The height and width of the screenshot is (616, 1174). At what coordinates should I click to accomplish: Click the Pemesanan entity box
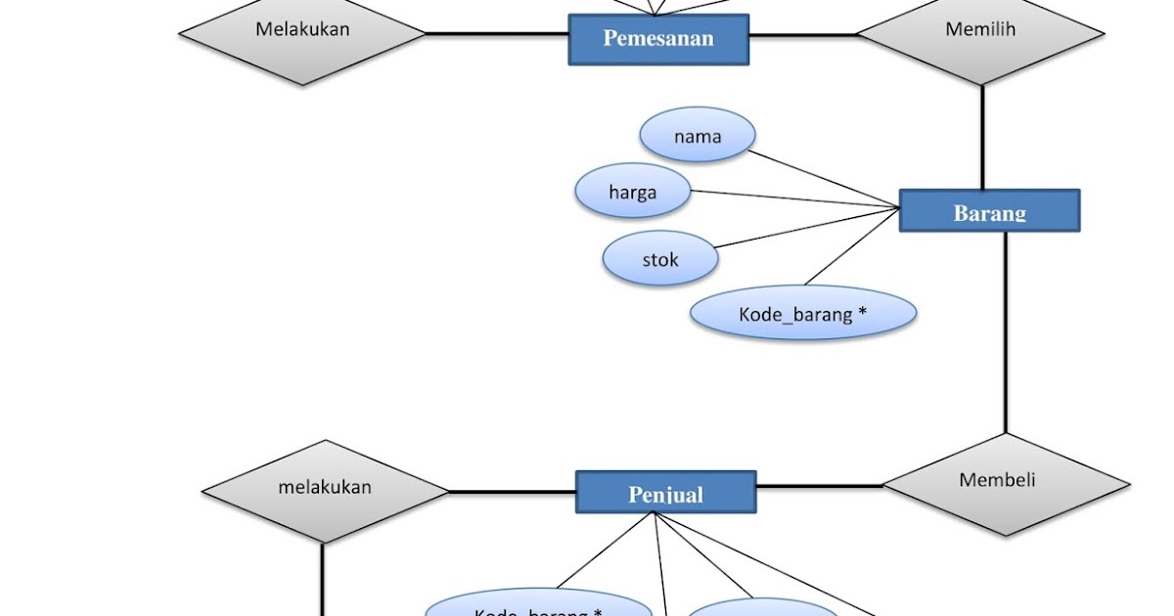coord(658,39)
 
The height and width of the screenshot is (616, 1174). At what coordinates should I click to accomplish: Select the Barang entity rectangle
coord(989,211)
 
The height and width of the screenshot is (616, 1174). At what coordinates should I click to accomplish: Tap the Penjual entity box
coord(665,493)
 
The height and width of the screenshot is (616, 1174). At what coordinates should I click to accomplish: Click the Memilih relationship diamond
coord(980,31)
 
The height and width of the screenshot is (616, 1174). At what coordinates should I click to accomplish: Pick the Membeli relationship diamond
coord(1006,482)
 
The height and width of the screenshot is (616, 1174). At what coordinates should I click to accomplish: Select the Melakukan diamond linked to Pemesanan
coord(302,31)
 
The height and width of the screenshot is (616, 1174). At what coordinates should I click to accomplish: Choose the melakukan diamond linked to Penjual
coord(325,489)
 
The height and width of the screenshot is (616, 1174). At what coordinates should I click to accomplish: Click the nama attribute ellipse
coord(698,136)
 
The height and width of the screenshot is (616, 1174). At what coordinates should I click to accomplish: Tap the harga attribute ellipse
coord(633,192)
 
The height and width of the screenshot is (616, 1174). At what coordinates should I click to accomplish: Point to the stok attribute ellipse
coord(660,259)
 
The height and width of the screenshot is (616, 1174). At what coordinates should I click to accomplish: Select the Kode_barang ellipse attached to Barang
coord(803,314)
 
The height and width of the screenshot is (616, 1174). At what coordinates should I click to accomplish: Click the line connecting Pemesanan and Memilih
coord(802,36)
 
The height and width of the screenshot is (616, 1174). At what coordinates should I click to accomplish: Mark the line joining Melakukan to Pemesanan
coord(497,35)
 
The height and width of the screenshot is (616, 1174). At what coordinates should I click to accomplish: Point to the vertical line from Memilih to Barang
coord(982,137)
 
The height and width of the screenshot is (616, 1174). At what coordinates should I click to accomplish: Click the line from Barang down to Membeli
coord(1006,332)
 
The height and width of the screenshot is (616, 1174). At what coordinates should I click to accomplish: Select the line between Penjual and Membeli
coord(820,486)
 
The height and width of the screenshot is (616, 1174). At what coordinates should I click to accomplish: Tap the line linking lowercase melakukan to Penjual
coord(512,491)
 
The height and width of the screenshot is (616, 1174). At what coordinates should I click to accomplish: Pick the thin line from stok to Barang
coord(807,228)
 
